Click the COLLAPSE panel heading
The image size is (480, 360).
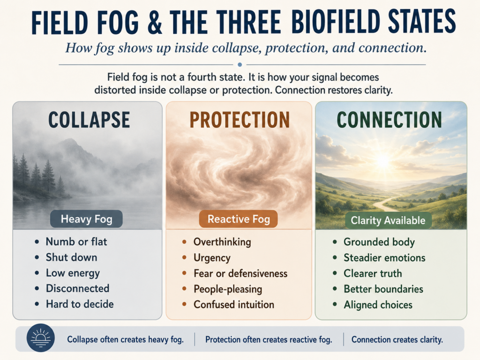coord(89,120)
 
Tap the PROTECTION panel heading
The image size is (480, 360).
coord(240,120)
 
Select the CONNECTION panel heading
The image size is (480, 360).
coord(390,120)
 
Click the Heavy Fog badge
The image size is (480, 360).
coord(86,219)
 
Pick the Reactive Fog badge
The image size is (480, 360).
coord(239,219)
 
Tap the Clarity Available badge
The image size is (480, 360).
coord(388,220)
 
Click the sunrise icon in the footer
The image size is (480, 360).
coord(41,337)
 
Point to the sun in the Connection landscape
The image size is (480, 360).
coord(383,160)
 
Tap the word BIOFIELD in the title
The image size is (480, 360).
coord(335,22)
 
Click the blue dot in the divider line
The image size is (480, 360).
coord(240,65)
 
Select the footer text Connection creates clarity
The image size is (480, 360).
coord(397,339)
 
